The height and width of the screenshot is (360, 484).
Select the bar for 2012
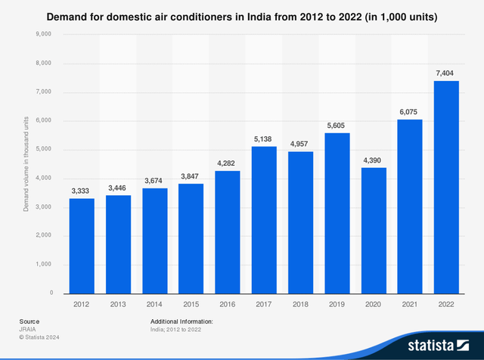point(82,245)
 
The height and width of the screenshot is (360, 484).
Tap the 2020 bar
point(374,230)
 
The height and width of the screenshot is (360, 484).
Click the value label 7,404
point(446,73)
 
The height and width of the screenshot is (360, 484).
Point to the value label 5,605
point(337,125)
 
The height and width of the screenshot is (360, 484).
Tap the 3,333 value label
point(82,190)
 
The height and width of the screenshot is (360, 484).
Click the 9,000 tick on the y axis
point(42,35)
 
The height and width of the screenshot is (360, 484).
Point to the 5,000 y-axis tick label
point(42,150)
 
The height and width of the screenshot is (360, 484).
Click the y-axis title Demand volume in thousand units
point(26,164)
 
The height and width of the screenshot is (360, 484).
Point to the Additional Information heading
point(181,321)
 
